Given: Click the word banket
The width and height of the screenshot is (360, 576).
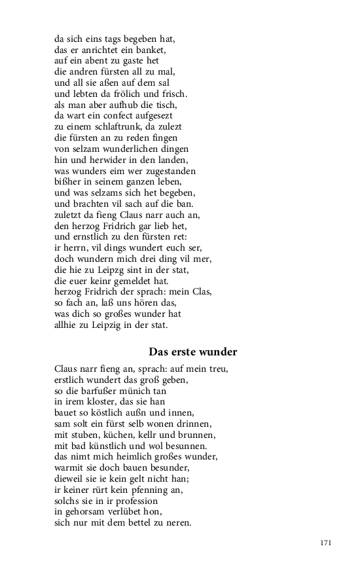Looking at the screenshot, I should (x=153, y=50).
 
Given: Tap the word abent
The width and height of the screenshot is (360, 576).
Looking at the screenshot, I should (x=98, y=60).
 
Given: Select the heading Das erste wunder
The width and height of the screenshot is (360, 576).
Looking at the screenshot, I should (x=193, y=352).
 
